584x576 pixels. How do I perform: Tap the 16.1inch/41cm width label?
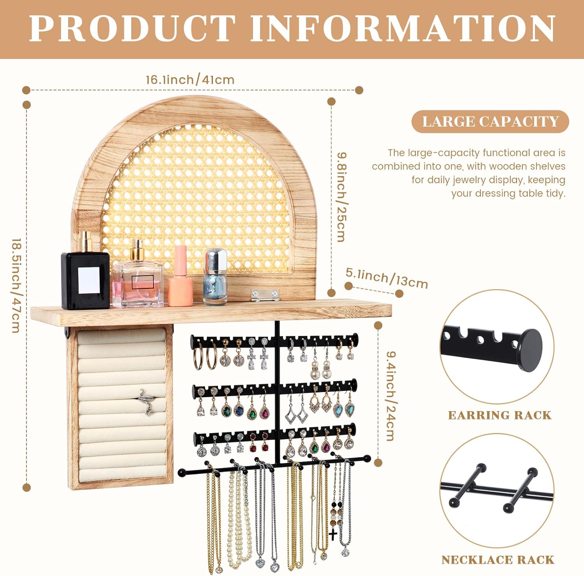(x=190, y=80)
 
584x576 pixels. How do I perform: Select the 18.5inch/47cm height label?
(x=16, y=286)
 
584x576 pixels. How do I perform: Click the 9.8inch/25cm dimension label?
(x=341, y=197)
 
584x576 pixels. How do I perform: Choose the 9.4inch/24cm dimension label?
(x=391, y=396)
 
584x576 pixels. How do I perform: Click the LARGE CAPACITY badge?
(x=490, y=122)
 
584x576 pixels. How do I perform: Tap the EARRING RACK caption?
(x=500, y=415)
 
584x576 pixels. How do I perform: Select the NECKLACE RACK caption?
(x=498, y=560)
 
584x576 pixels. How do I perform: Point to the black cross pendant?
(x=333, y=534)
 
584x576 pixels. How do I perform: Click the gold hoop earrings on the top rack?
(x=205, y=355)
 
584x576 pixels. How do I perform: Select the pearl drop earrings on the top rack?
(x=320, y=370)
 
